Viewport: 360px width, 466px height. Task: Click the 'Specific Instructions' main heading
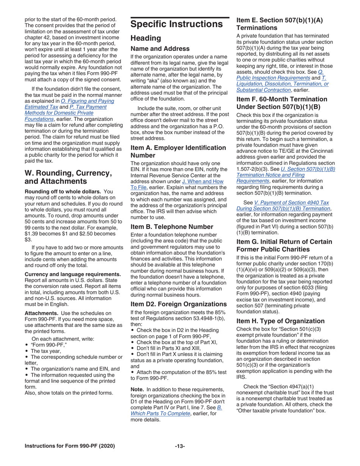click(x=176, y=25)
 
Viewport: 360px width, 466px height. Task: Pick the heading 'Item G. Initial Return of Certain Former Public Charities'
click(x=284, y=245)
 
